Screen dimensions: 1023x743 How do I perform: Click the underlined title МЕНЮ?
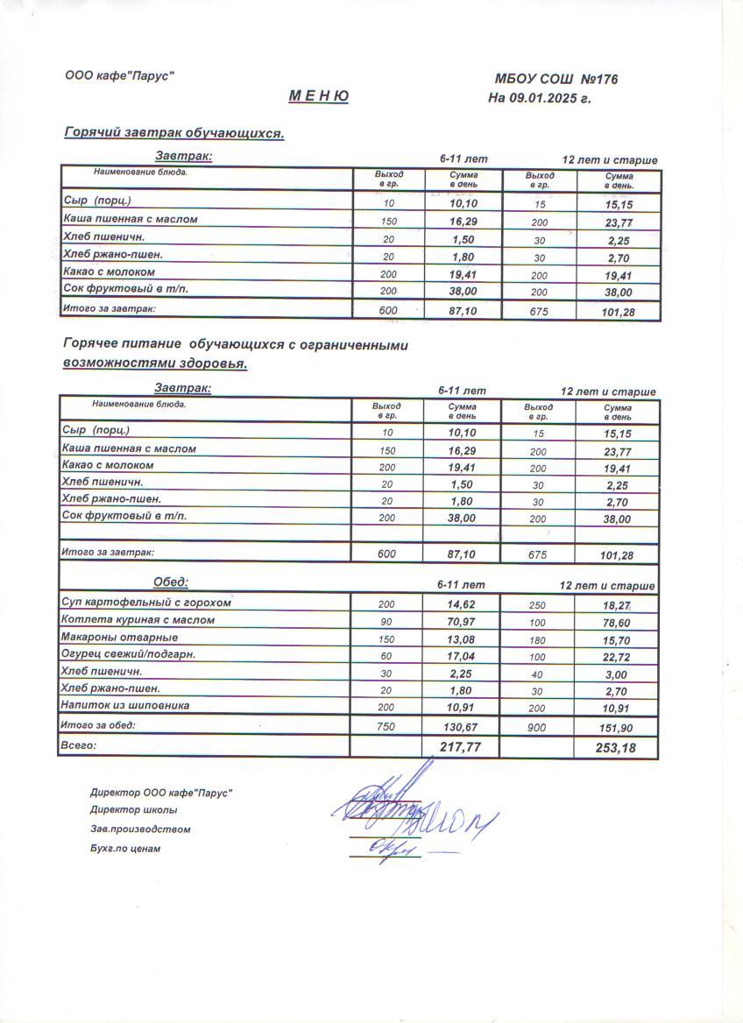pos(320,96)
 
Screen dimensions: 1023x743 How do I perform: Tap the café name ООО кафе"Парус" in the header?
pos(119,76)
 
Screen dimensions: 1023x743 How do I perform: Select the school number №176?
pos(598,80)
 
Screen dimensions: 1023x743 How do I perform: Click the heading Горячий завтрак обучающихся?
pos(174,133)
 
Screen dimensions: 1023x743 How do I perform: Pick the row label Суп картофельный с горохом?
pos(146,603)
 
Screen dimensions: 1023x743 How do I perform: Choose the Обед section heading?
pos(171,582)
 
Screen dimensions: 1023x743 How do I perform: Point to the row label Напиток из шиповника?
pos(125,705)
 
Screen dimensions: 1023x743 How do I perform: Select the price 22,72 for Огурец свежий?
pos(617,657)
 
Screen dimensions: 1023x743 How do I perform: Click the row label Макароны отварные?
pos(119,638)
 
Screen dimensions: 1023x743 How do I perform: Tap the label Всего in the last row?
pos(78,745)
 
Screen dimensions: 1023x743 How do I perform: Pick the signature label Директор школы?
pos(133,810)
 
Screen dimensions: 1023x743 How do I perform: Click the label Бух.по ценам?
pos(125,849)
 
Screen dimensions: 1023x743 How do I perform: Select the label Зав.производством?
pos(140,829)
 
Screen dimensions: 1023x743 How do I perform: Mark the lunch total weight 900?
pos(538,728)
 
